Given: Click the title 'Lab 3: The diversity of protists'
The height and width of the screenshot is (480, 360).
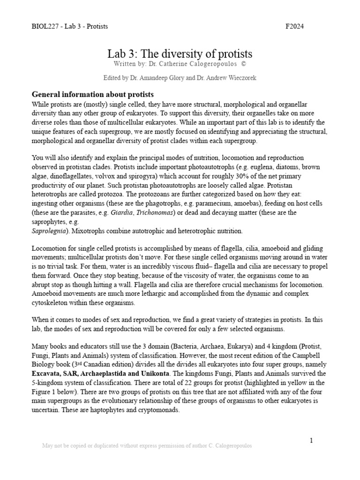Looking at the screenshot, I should click(180, 53).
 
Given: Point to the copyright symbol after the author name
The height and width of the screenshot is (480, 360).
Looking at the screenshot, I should click(243, 63).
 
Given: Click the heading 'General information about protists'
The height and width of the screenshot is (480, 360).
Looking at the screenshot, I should click(92, 95).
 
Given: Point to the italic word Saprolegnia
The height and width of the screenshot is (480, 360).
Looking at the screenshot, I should click(48, 231).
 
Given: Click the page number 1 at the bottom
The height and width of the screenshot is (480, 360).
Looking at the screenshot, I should click(310, 440).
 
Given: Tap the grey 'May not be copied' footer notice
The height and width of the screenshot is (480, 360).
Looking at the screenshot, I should click(147, 446).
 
